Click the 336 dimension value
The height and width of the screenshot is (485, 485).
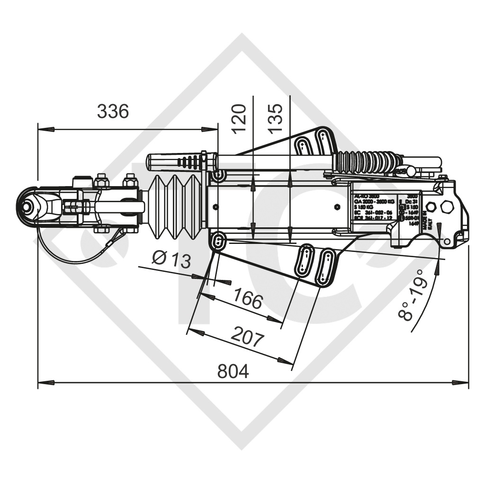point(113,112)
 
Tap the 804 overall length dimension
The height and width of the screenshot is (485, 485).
point(233,372)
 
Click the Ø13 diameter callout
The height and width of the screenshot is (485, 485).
point(171,260)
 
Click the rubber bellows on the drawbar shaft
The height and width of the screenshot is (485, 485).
point(176,207)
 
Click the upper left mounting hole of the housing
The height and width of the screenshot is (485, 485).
point(219,176)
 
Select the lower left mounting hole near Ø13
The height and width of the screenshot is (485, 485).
point(218,241)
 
